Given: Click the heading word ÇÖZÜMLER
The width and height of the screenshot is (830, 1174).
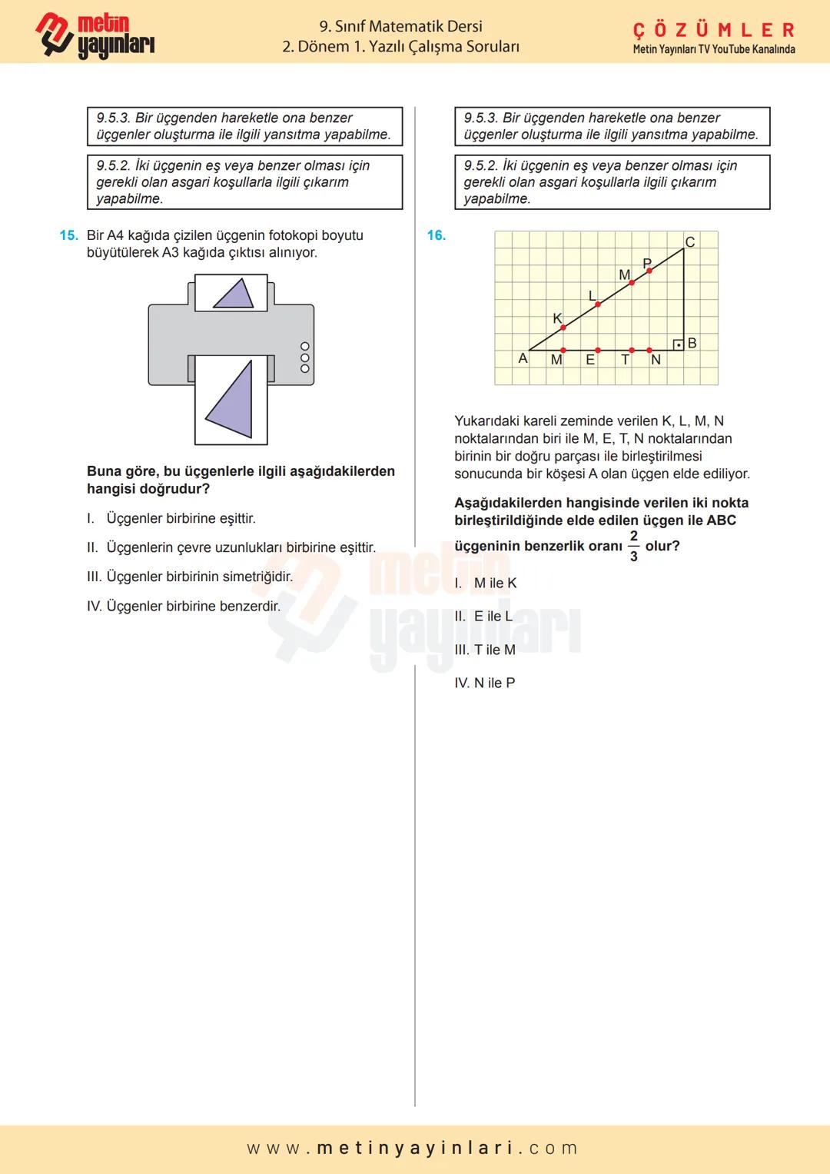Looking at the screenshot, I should (x=713, y=30).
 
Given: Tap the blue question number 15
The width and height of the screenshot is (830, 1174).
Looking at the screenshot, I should (x=68, y=235).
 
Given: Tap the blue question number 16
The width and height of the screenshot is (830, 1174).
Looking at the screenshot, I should (x=436, y=235).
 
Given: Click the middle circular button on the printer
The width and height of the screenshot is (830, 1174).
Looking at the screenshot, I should (x=305, y=358).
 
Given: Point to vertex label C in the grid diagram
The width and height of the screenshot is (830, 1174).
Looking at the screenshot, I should (x=689, y=242).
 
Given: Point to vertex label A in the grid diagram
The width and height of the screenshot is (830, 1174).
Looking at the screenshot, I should (x=523, y=358).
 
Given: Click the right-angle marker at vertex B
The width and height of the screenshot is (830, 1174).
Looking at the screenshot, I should (x=678, y=344).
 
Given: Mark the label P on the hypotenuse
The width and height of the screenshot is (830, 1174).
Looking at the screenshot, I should (x=646, y=264).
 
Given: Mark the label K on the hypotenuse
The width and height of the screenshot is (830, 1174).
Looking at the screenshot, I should (x=557, y=318).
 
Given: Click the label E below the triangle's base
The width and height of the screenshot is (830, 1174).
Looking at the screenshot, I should (x=590, y=360).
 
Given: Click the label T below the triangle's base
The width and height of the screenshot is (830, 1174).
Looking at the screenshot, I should (x=626, y=360).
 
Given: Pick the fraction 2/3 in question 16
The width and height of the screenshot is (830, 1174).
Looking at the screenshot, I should (x=633, y=546).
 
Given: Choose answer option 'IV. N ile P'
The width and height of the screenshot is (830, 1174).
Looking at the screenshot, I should (x=485, y=683).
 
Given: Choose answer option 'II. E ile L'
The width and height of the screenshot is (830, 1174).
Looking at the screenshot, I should (x=483, y=616).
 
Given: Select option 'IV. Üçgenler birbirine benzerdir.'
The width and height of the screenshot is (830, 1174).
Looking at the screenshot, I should (x=184, y=606).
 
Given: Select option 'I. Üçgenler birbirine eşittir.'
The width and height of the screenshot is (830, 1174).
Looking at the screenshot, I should (x=171, y=518).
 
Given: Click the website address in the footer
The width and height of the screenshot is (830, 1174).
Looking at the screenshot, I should (x=413, y=1148).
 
